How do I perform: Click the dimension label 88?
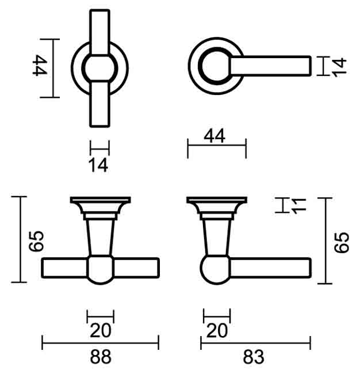(101, 357)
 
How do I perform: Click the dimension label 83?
(254, 357)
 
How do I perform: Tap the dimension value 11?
(298, 205)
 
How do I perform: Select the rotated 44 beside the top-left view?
(40, 65)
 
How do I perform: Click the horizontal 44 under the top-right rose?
(215, 136)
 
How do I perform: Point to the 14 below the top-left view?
(98, 165)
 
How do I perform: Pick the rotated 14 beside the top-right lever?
(339, 67)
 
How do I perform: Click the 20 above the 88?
(101, 330)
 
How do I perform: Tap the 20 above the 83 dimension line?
(217, 330)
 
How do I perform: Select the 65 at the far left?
(36, 241)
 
